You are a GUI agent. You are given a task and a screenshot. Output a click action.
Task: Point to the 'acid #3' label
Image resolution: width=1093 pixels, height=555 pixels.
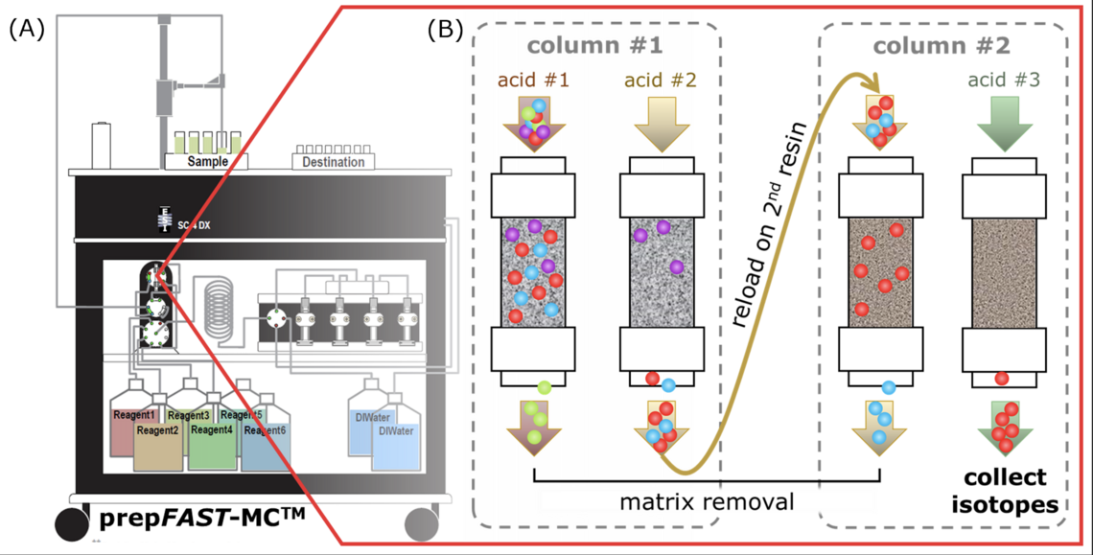click(x=1001, y=81)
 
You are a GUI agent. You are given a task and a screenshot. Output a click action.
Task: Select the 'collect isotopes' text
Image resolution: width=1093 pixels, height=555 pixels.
click(x=1005, y=490)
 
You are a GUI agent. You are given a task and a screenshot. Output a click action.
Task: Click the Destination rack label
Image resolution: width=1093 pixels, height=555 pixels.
click(x=333, y=162)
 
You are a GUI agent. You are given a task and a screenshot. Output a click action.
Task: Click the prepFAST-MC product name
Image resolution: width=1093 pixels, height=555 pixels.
click(x=202, y=520)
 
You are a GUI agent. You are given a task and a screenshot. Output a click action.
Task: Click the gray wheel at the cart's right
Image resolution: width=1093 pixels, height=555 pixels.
click(x=421, y=524)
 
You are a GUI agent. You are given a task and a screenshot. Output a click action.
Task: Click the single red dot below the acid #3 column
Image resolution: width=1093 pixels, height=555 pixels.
click(x=1001, y=378)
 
